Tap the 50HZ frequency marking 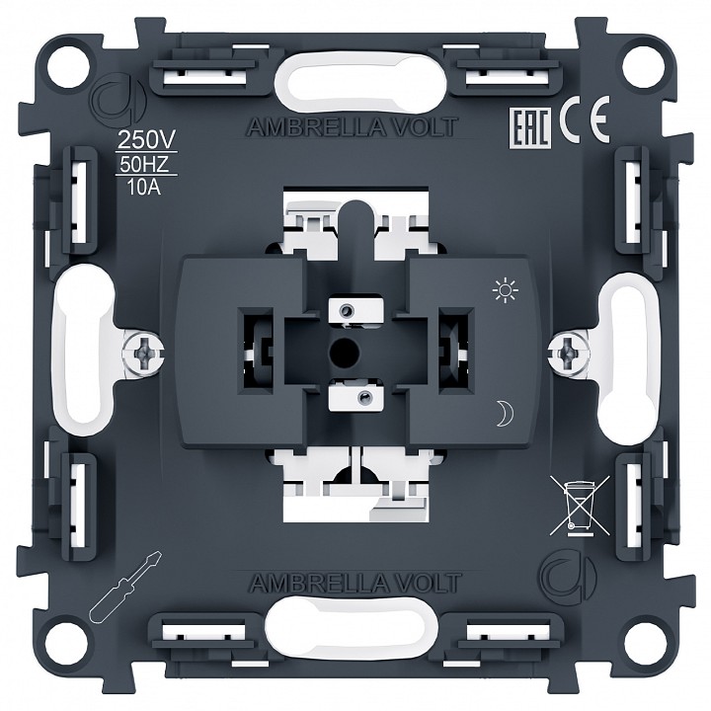tap(144, 165)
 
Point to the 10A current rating tap(144, 187)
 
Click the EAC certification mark tap(530, 128)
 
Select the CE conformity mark tap(584, 119)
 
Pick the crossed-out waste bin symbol tap(580, 505)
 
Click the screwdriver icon tap(125, 587)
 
